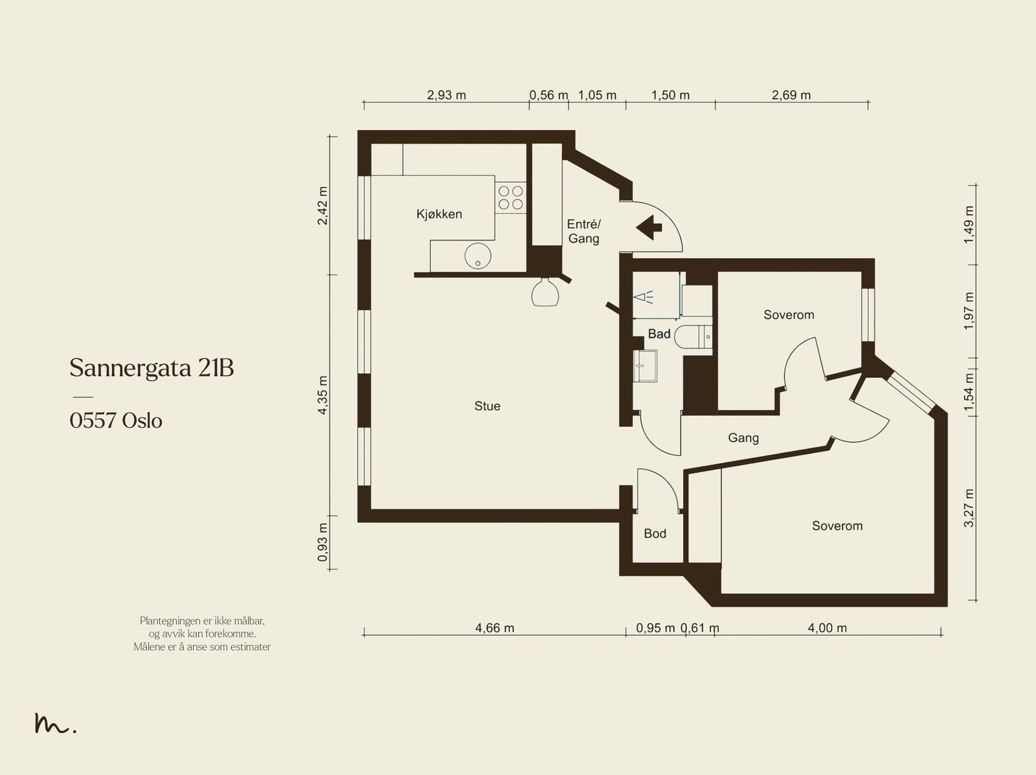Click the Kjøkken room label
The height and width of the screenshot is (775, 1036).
click(x=439, y=215)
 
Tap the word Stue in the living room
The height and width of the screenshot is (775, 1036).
click(x=487, y=406)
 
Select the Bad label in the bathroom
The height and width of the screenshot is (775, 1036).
click(x=659, y=334)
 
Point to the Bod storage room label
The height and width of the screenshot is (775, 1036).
click(x=655, y=533)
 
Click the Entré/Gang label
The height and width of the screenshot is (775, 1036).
click(x=584, y=231)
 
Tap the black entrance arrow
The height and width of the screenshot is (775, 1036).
click(x=649, y=228)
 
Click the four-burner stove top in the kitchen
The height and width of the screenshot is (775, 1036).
click(x=511, y=197)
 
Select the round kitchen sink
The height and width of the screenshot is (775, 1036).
click(x=478, y=256)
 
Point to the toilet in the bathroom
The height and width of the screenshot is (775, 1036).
click(x=693, y=336)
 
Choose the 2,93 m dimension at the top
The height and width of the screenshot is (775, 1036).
click(x=447, y=95)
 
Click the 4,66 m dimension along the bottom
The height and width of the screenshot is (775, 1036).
click(x=495, y=628)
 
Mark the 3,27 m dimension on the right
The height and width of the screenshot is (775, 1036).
click(x=969, y=508)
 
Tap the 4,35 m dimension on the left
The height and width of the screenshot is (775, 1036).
click(x=322, y=395)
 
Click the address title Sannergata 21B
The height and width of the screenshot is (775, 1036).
click(x=152, y=367)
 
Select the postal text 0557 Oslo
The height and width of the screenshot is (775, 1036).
click(x=116, y=420)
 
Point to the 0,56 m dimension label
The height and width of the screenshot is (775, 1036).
click(x=548, y=95)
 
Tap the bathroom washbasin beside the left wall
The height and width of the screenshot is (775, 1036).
click(x=645, y=366)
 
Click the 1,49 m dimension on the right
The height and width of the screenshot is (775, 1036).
click(x=969, y=225)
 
